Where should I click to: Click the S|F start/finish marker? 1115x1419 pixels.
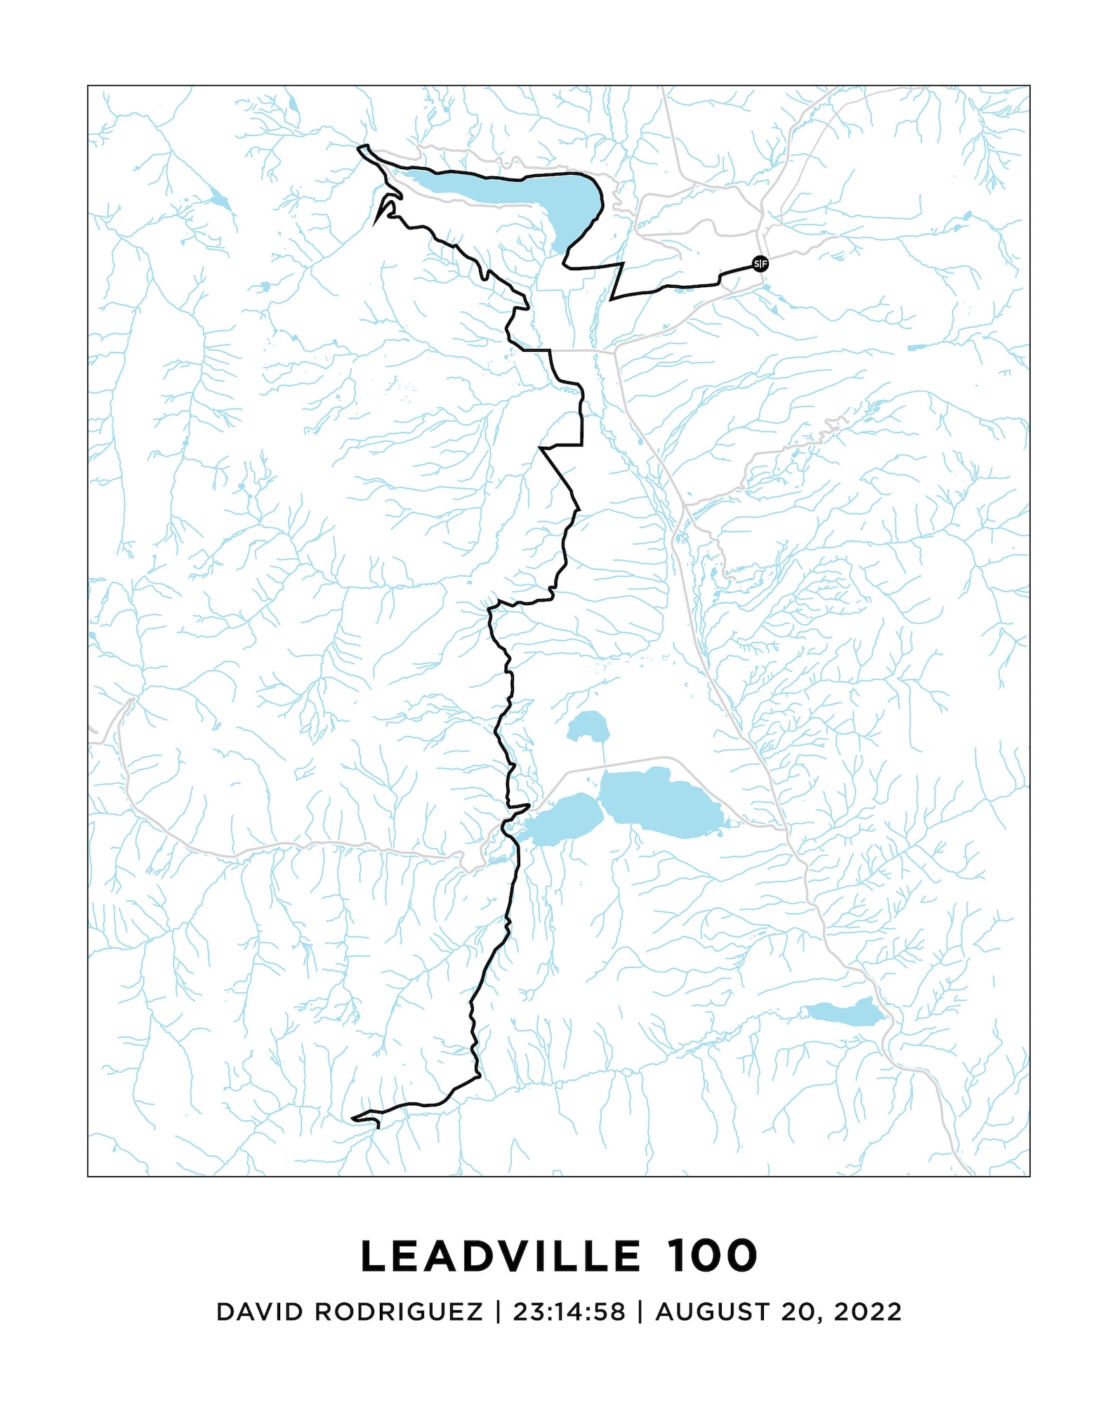click(760, 264)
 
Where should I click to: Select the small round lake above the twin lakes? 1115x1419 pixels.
click(587, 726)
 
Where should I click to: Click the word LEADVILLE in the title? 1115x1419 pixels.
click(501, 1256)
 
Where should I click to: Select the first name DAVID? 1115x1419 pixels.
click(260, 1312)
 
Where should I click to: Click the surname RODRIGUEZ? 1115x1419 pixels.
click(399, 1312)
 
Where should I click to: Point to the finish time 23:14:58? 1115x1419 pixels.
click(569, 1312)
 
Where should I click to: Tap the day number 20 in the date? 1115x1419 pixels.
click(798, 1312)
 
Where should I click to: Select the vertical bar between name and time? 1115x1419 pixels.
click(498, 1312)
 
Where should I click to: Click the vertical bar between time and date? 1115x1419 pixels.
click(640, 1312)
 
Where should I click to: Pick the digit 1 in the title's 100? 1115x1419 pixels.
click(675, 1256)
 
